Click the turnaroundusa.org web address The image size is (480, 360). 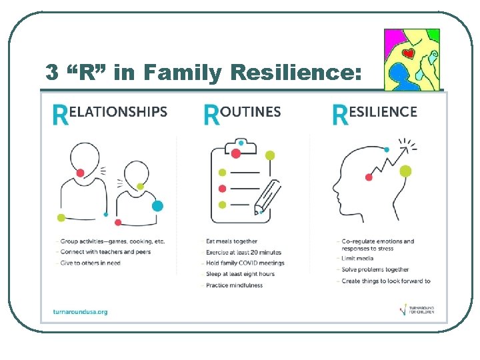coord(80,311)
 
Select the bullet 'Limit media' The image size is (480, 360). coord(357,259)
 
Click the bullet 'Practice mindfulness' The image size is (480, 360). coord(234,285)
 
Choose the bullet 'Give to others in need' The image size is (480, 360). coord(91,263)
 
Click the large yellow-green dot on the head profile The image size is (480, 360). coord(405,171)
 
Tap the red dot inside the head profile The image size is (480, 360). coord(369,177)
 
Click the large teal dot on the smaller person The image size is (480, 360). coord(157,206)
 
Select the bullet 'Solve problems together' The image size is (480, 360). coord(375,269)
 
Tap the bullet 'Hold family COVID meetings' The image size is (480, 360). coord(245,263)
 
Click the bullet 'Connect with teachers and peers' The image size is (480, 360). coord(105,252)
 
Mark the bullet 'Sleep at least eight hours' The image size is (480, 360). coord(240,274)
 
